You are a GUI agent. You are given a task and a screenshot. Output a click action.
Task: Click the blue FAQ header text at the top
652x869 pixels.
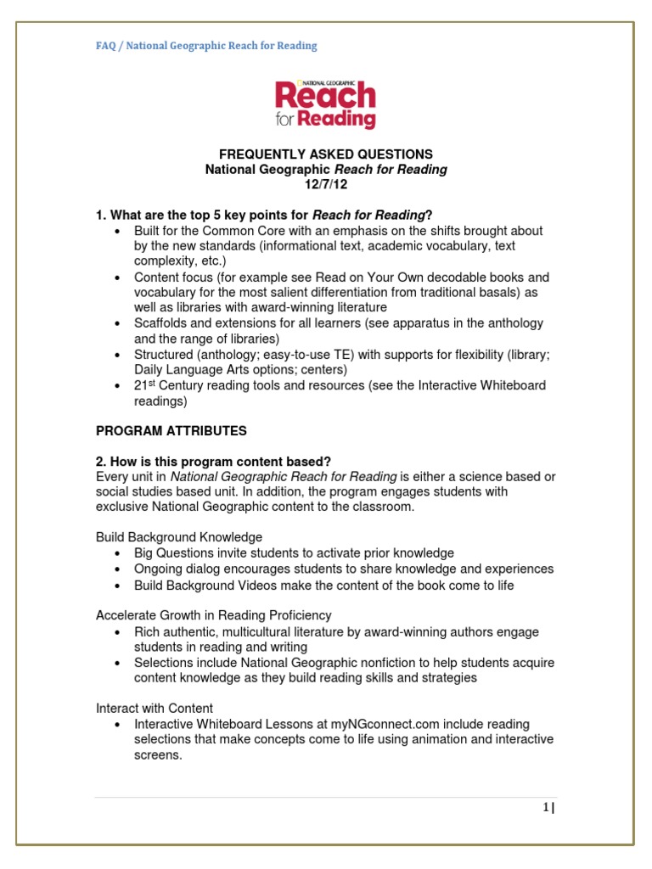206,46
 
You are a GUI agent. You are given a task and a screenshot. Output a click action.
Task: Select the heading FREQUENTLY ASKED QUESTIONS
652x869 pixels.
326,154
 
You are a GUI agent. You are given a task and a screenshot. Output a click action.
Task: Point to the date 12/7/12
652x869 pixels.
326,185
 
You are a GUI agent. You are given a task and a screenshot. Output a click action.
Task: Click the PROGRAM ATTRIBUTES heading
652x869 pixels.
171,431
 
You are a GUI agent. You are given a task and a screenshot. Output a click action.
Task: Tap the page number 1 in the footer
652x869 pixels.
548,809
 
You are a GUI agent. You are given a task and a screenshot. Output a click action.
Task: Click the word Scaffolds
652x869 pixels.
161,323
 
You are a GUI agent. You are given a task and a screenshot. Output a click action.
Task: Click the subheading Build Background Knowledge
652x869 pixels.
179,537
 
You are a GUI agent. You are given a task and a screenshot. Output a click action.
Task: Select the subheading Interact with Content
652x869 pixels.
155,708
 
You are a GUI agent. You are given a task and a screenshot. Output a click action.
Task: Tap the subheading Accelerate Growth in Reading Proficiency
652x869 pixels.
214,614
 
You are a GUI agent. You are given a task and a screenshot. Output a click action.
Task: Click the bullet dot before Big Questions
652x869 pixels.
118,553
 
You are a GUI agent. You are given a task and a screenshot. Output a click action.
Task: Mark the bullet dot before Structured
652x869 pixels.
118,355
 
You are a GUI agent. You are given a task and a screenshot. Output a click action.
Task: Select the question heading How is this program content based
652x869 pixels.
214,462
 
